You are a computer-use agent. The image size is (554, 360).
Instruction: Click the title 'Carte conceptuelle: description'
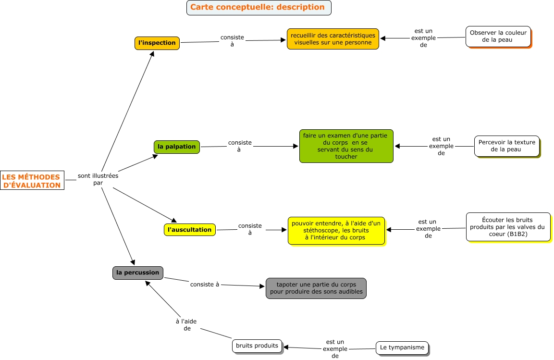[258, 7]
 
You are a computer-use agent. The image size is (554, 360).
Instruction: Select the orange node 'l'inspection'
[157, 43]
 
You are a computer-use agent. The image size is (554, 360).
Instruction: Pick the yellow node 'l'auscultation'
[189, 230]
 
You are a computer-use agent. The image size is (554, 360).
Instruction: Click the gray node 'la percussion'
[137, 273]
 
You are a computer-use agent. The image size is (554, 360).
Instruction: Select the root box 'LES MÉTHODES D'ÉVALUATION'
[32, 181]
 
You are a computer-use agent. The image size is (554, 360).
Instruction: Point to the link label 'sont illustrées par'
[98, 179]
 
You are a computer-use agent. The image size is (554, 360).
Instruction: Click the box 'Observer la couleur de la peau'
[498, 37]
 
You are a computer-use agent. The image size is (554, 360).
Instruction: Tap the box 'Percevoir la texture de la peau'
[506, 146]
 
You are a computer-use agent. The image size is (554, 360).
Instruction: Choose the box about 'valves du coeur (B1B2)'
[508, 227]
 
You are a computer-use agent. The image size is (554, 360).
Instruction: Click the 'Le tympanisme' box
[402, 348]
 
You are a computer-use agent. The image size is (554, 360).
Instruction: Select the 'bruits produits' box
[257, 346]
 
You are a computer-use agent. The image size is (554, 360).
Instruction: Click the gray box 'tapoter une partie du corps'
[316, 288]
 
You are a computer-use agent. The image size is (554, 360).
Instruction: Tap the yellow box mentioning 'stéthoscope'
[336, 230]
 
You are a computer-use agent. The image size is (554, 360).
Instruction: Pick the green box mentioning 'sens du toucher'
[346, 146]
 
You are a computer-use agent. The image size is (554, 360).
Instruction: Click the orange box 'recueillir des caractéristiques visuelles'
[332, 39]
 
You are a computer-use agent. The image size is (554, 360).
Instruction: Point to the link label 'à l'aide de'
[186, 325]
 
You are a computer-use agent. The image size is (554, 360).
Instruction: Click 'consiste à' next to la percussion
[204, 284]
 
